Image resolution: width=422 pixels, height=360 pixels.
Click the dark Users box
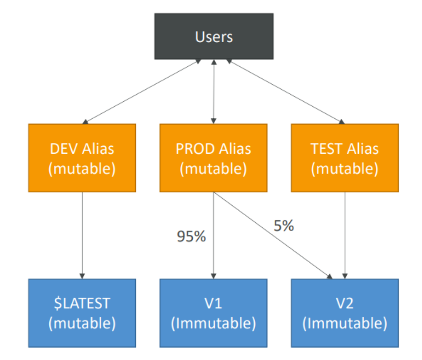pyautogui.click(x=214, y=36)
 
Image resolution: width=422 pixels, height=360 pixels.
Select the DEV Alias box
pyautogui.click(x=82, y=158)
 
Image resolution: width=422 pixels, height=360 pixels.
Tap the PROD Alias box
pyautogui.click(x=213, y=158)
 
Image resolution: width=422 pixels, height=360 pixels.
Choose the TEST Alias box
pyautogui.click(x=345, y=158)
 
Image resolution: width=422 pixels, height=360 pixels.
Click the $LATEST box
pyautogui.click(x=82, y=313)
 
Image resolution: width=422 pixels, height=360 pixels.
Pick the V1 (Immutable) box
pyautogui.click(x=213, y=313)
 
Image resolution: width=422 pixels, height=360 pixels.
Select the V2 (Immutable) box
pyautogui.click(x=345, y=313)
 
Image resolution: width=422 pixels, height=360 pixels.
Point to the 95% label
pyautogui.click(x=191, y=237)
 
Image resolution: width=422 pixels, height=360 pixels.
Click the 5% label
pyautogui.click(x=284, y=226)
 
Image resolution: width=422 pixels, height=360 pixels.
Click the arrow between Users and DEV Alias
pyautogui.click(x=142, y=91)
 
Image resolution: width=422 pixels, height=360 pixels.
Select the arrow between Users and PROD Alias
pyautogui.click(x=214, y=91)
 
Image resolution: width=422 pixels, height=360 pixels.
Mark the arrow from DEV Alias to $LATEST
pyautogui.click(x=82, y=235)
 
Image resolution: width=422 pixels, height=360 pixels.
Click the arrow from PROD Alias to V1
pyautogui.click(x=213, y=235)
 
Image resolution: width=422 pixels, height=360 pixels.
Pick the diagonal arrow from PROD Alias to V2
pyautogui.click(x=273, y=235)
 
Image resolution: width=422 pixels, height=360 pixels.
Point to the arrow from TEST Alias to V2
pyautogui.click(x=345, y=235)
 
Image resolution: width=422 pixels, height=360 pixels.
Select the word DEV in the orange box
pyautogui.click(x=64, y=149)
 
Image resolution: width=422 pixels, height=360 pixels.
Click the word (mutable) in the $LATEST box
pyautogui.click(x=82, y=323)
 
